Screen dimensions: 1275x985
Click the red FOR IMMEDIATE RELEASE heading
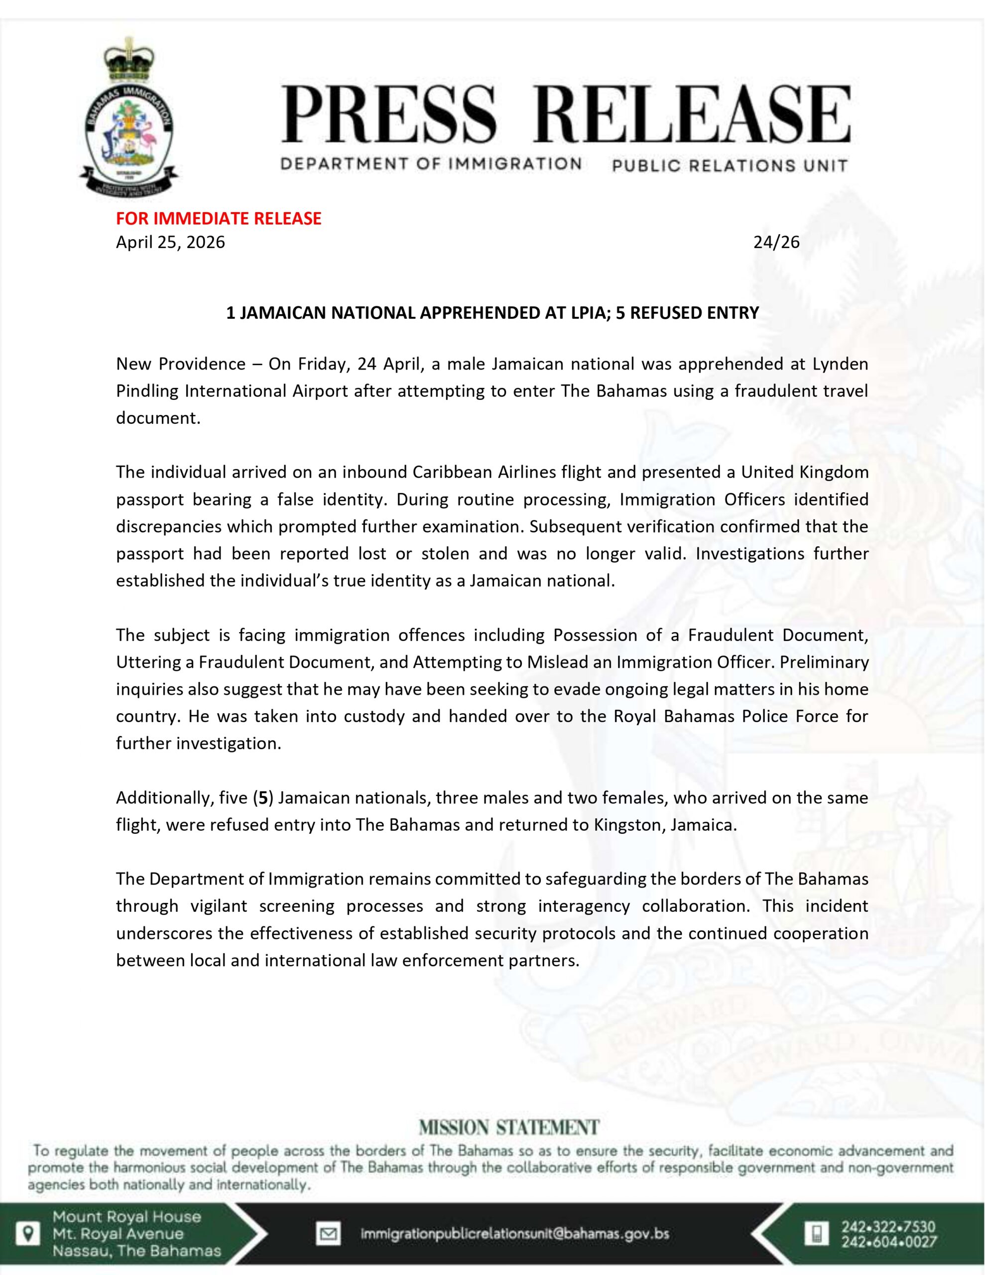point(219,218)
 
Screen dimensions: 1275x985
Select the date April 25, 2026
point(170,242)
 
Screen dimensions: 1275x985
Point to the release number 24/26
point(776,242)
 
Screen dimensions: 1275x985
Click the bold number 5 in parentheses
point(263,797)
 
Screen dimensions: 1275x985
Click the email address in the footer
point(515,1234)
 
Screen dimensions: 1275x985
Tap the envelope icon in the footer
point(328,1235)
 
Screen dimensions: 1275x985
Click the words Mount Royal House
point(126,1217)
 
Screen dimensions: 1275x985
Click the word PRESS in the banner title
point(389,115)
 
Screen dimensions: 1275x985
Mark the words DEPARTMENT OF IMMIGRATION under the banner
point(431,163)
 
